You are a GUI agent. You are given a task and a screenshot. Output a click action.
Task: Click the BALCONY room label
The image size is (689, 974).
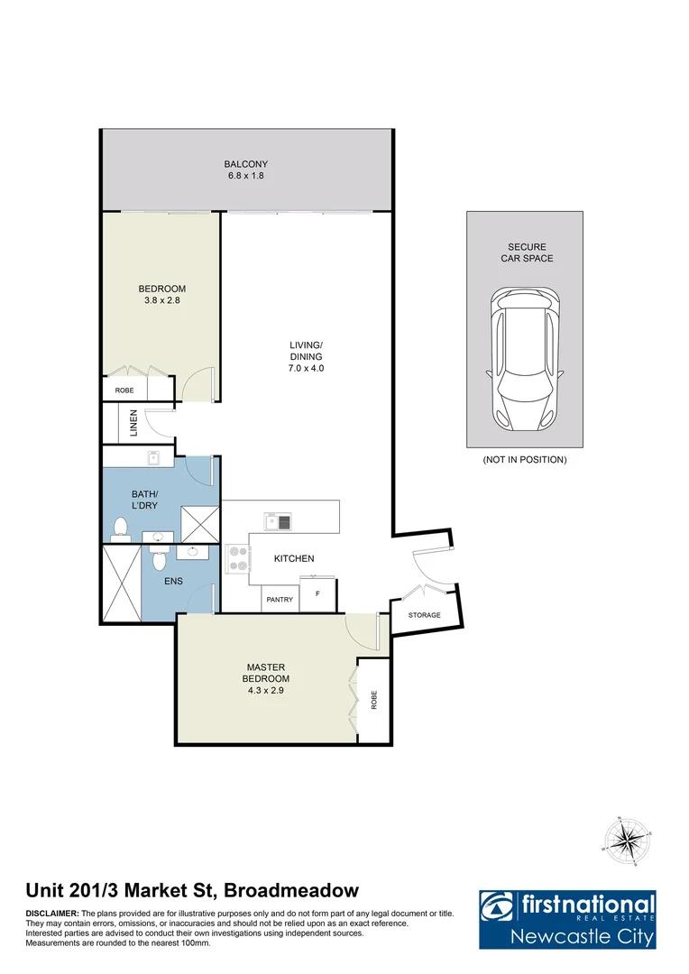pyautogui.click(x=246, y=164)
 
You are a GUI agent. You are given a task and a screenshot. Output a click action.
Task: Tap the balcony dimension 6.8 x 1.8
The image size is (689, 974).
pyautogui.click(x=246, y=176)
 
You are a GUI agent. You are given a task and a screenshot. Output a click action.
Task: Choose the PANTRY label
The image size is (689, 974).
pyautogui.click(x=280, y=599)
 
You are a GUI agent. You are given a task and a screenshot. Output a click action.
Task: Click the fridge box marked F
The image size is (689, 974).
pyautogui.click(x=317, y=595)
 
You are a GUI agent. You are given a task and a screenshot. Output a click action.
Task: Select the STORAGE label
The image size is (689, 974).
pyautogui.click(x=424, y=615)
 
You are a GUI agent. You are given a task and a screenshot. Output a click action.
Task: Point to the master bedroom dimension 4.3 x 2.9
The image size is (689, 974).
pyautogui.click(x=266, y=690)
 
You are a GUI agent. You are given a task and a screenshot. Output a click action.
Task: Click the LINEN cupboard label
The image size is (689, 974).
pyautogui.click(x=133, y=423)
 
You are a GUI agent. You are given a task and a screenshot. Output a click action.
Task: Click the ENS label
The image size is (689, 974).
pyautogui.click(x=173, y=582)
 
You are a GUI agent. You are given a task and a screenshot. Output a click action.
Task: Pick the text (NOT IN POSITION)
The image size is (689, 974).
pyautogui.click(x=524, y=460)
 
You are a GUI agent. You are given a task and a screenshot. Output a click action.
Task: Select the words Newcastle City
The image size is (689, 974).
pyautogui.click(x=581, y=936)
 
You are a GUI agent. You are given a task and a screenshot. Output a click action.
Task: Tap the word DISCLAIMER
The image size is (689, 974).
pyautogui.click(x=52, y=914)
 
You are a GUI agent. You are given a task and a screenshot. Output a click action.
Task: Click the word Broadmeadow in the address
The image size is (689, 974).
pyautogui.click(x=290, y=891)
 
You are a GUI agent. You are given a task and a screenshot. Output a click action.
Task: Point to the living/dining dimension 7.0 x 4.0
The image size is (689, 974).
pyautogui.click(x=306, y=368)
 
